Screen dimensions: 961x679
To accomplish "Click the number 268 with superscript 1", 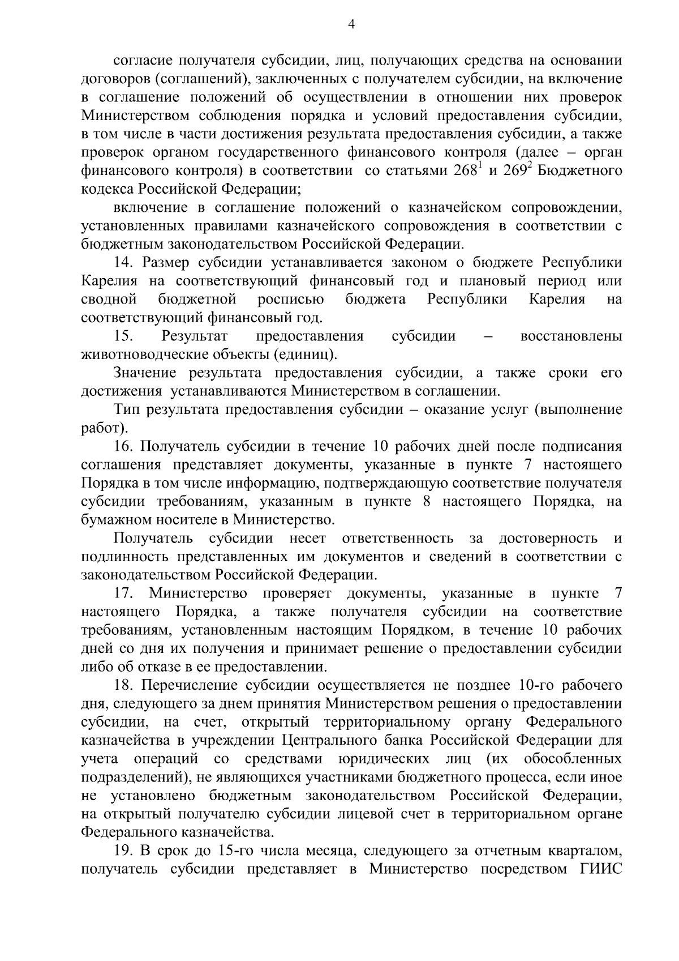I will click(x=466, y=170).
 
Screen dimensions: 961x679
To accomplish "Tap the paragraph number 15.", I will click(x=123, y=336).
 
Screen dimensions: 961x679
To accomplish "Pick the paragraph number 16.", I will click(x=123, y=446).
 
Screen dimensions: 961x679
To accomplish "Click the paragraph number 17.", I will click(x=123, y=593).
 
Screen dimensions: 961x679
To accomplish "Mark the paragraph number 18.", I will click(x=123, y=685).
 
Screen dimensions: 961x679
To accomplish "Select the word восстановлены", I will click(x=571, y=336).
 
